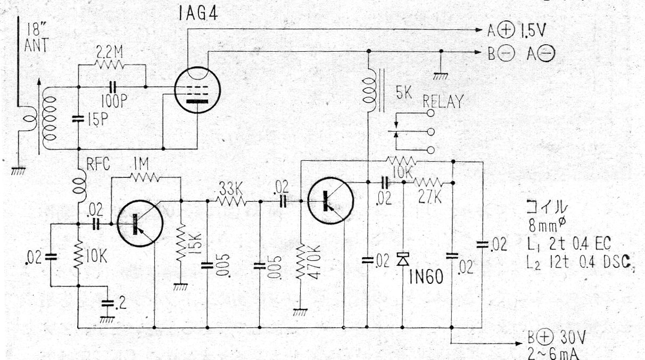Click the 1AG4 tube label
[x=198, y=13]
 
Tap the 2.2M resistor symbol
[x=109, y=64]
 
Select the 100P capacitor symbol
[x=113, y=87]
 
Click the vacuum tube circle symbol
[x=197, y=90]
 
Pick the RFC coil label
[x=98, y=165]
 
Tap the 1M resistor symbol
[x=144, y=177]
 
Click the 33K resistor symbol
[x=231, y=201]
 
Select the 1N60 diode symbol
[x=403, y=259]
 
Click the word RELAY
[x=443, y=102]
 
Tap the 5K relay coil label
[x=404, y=93]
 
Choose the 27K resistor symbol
[x=427, y=183]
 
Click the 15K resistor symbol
[x=181, y=243]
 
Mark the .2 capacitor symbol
[x=107, y=303]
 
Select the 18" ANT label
[x=37, y=37]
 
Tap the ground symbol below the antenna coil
[x=18, y=171]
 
